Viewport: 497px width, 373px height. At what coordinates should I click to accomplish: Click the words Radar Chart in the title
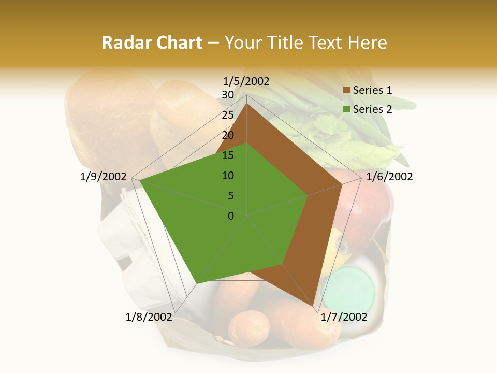click(x=152, y=42)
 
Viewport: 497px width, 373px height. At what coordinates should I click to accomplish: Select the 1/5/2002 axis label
click(x=246, y=81)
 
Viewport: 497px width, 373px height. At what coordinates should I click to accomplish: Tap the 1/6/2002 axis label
click(x=389, y=177)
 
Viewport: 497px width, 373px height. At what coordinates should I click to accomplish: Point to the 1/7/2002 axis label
click(x=344, y=317)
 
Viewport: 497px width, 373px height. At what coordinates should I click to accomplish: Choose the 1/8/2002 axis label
click(x=149, y=317)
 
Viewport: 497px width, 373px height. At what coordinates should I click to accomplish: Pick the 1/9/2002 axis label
click(x=104, y=177)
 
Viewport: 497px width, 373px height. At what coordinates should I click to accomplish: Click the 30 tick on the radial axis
click(x=228, y=95)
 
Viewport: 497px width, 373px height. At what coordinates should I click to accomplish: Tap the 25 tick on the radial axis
click(x=228, y=115)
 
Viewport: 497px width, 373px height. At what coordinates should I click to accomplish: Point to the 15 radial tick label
click(x=228, y=155)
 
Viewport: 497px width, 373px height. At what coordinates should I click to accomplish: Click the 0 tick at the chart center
click(x=231, y=216)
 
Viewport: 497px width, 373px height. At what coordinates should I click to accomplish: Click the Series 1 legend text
click(x=372, y=90)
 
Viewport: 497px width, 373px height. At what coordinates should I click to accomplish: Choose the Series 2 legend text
click(x=372, y=109)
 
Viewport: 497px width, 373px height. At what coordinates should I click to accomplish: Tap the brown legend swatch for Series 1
click(x=346, y=91)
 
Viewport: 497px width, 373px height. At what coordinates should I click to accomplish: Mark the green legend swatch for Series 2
click(x=346, y=109)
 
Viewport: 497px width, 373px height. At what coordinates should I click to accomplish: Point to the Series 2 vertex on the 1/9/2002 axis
click(x=140, y=181)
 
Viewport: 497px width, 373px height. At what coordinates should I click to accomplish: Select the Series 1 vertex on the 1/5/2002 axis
click(x=246, y=103)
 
